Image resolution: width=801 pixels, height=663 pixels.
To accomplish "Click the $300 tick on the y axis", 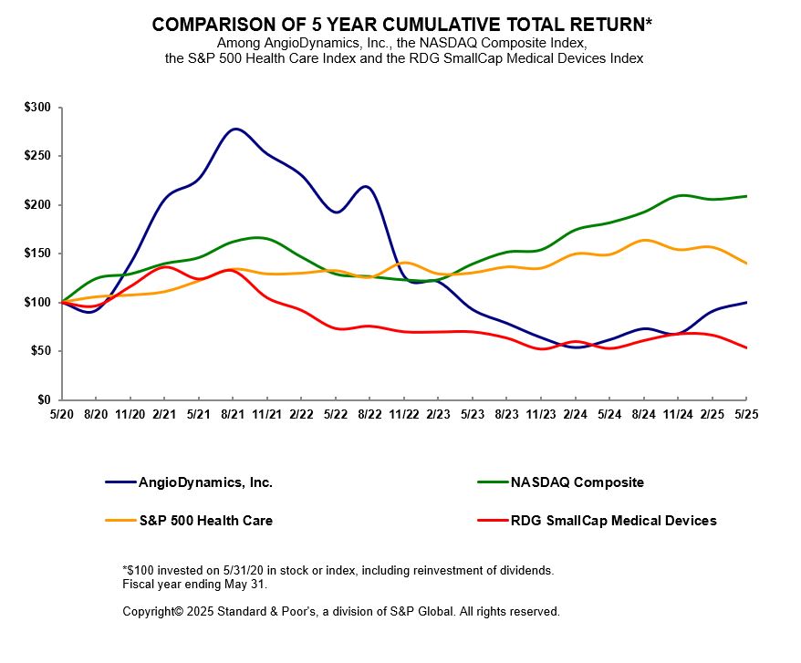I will point(37,108).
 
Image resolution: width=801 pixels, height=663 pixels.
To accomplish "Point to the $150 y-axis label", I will point(37,254).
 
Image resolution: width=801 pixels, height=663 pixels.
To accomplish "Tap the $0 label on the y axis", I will point(44,399).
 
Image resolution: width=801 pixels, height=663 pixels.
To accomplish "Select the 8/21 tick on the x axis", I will point(233,412).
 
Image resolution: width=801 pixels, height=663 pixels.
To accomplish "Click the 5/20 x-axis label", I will point(61,412).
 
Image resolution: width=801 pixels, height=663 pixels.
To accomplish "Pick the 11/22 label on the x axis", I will point(404,412).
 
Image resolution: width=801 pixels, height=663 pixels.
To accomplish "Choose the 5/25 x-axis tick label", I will point(746,412).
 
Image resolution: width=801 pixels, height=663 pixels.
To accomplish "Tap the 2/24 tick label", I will point(575,412).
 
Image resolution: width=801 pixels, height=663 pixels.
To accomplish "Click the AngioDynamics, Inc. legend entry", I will point(205,482).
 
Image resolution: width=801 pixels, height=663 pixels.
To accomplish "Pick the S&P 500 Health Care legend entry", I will point(205,521).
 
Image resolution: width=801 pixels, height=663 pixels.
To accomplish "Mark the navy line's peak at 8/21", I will point(234,129).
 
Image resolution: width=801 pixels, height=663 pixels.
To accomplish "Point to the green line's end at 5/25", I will point(746,196).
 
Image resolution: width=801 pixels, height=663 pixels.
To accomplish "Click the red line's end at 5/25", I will point(746,347).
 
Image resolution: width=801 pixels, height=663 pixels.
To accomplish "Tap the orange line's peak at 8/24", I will point(644,240).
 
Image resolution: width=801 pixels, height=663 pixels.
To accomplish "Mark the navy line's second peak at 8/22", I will point(365,186).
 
